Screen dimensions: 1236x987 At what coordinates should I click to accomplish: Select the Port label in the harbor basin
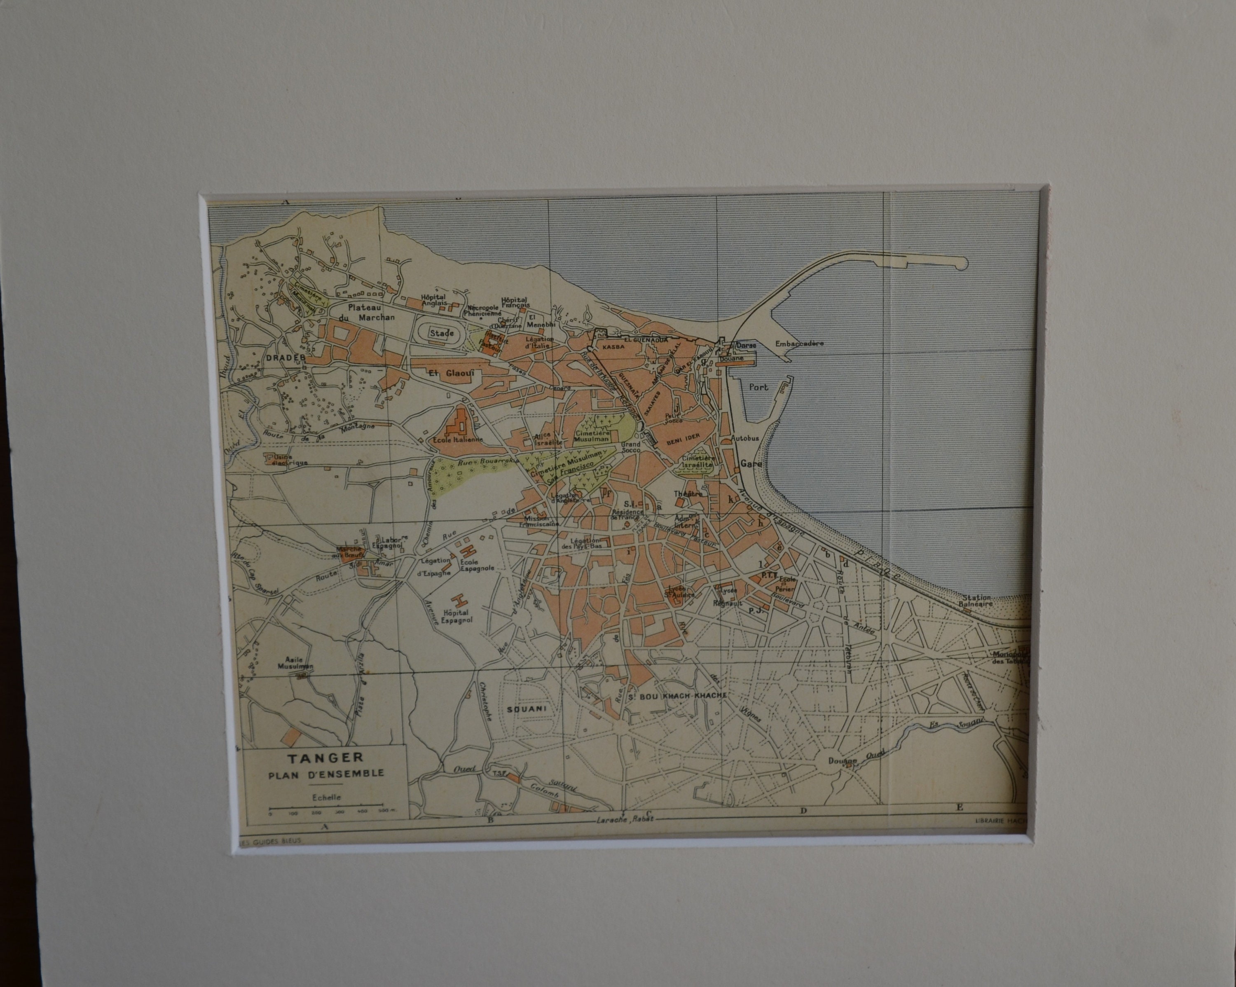tap(758, 387)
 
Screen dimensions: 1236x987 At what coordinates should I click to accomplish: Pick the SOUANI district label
tap(526, 709)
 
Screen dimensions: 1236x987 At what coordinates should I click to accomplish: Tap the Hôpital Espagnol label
tap(457, 616)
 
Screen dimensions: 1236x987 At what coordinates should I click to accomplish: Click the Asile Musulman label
tap(295, 663)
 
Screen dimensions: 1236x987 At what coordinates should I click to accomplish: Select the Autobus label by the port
tap(745, 438)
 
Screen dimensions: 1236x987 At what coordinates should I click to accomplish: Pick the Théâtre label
tap(688, 493)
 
